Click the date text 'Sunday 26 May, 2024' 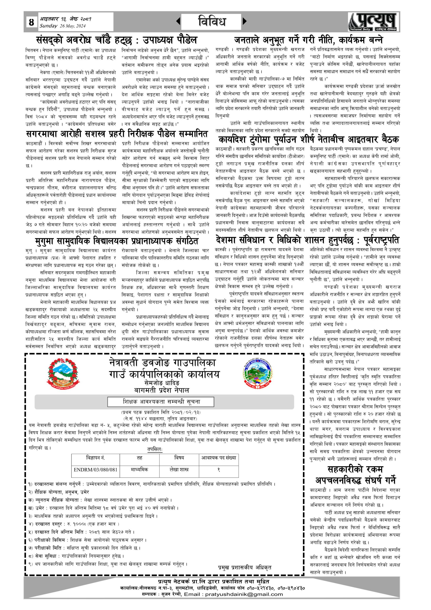63,26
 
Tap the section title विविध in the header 212,21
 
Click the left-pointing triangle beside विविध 178,21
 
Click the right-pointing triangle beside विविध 244,21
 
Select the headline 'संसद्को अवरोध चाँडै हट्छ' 117,40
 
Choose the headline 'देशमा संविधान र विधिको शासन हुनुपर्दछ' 307,240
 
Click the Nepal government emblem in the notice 64,374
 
